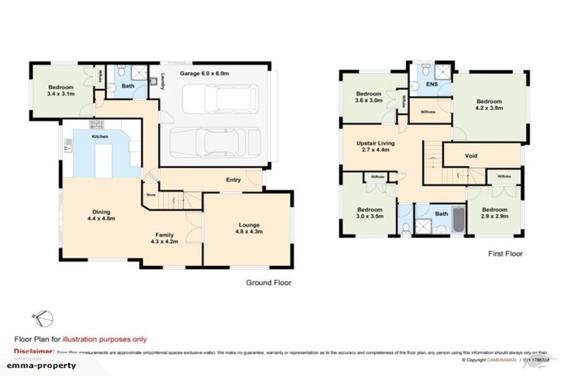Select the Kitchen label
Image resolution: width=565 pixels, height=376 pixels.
tap(100, 137)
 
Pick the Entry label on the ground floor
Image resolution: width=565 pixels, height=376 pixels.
tap(233, 179)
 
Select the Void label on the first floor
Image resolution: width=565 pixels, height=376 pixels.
tap(472, 156)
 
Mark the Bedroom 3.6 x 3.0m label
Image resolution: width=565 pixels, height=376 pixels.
tap(369, 98)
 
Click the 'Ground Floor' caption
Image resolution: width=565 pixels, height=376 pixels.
tap(269, 281)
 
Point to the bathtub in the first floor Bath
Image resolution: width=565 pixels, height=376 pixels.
tap(458, 220)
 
